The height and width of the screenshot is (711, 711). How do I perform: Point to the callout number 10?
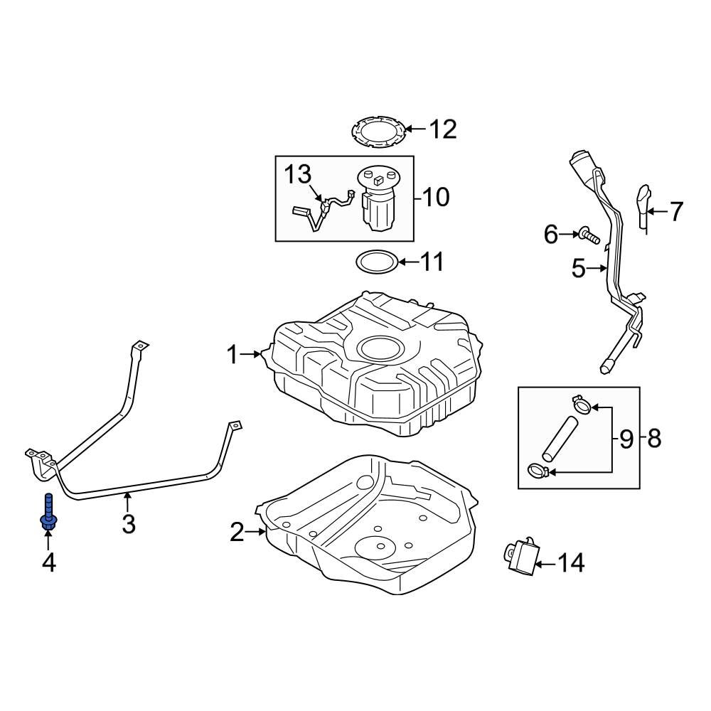click(435, 197)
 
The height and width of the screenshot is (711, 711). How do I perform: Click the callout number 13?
click(299, 173)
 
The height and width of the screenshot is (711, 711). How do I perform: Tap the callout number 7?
click(675, 211)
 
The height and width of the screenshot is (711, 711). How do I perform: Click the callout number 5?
click(578, 269)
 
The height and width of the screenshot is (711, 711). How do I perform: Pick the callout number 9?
click(626, 439)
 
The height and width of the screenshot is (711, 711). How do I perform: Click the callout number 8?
click(654, 439)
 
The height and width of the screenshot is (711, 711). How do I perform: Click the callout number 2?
click(237, 531)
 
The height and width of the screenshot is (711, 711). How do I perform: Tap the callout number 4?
click(48, 563)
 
